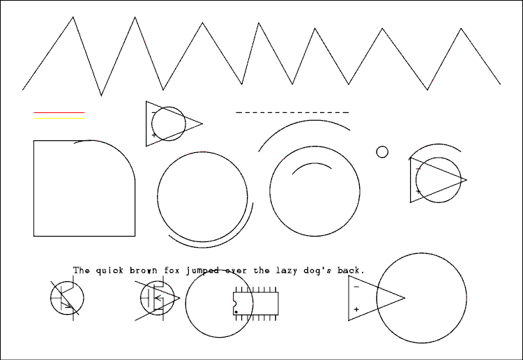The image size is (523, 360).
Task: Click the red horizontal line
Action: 59,113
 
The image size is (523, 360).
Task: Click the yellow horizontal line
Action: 59,118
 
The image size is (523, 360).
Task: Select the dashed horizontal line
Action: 292,112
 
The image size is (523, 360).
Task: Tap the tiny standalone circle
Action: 382,152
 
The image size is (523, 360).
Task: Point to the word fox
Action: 172,270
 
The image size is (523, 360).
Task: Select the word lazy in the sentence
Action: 285,270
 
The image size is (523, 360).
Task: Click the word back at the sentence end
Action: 349,270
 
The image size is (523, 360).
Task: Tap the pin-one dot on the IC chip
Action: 236,313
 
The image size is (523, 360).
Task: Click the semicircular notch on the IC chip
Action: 235,303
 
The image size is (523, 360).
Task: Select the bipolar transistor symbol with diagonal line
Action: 67,298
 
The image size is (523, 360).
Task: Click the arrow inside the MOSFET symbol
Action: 158,298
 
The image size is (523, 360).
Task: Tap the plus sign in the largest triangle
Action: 356,309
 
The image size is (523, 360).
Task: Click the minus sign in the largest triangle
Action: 356,287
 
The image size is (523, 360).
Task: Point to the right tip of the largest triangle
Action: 405,298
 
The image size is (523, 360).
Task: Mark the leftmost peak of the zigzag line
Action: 73,17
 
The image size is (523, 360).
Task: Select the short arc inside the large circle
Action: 312,163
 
